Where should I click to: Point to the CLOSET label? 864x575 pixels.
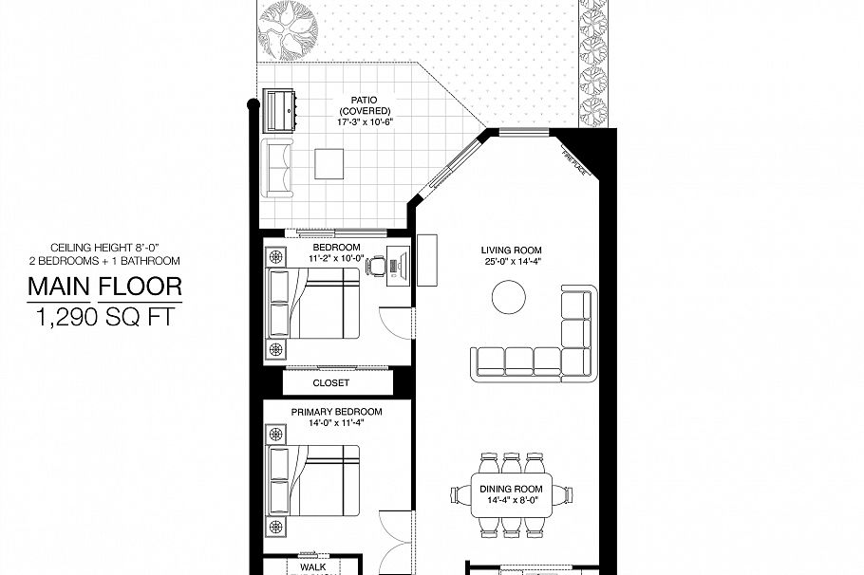coord(331,383)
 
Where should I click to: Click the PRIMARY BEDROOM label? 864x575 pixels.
coord(337,412)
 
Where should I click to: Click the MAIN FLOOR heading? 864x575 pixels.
coord(104,286)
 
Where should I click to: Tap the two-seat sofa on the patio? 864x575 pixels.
coord(277,169)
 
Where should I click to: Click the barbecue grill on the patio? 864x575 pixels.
coord(281,110)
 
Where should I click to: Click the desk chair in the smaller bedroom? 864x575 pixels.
coord(377,267)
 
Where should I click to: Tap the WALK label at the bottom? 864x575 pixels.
coord(312,566)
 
